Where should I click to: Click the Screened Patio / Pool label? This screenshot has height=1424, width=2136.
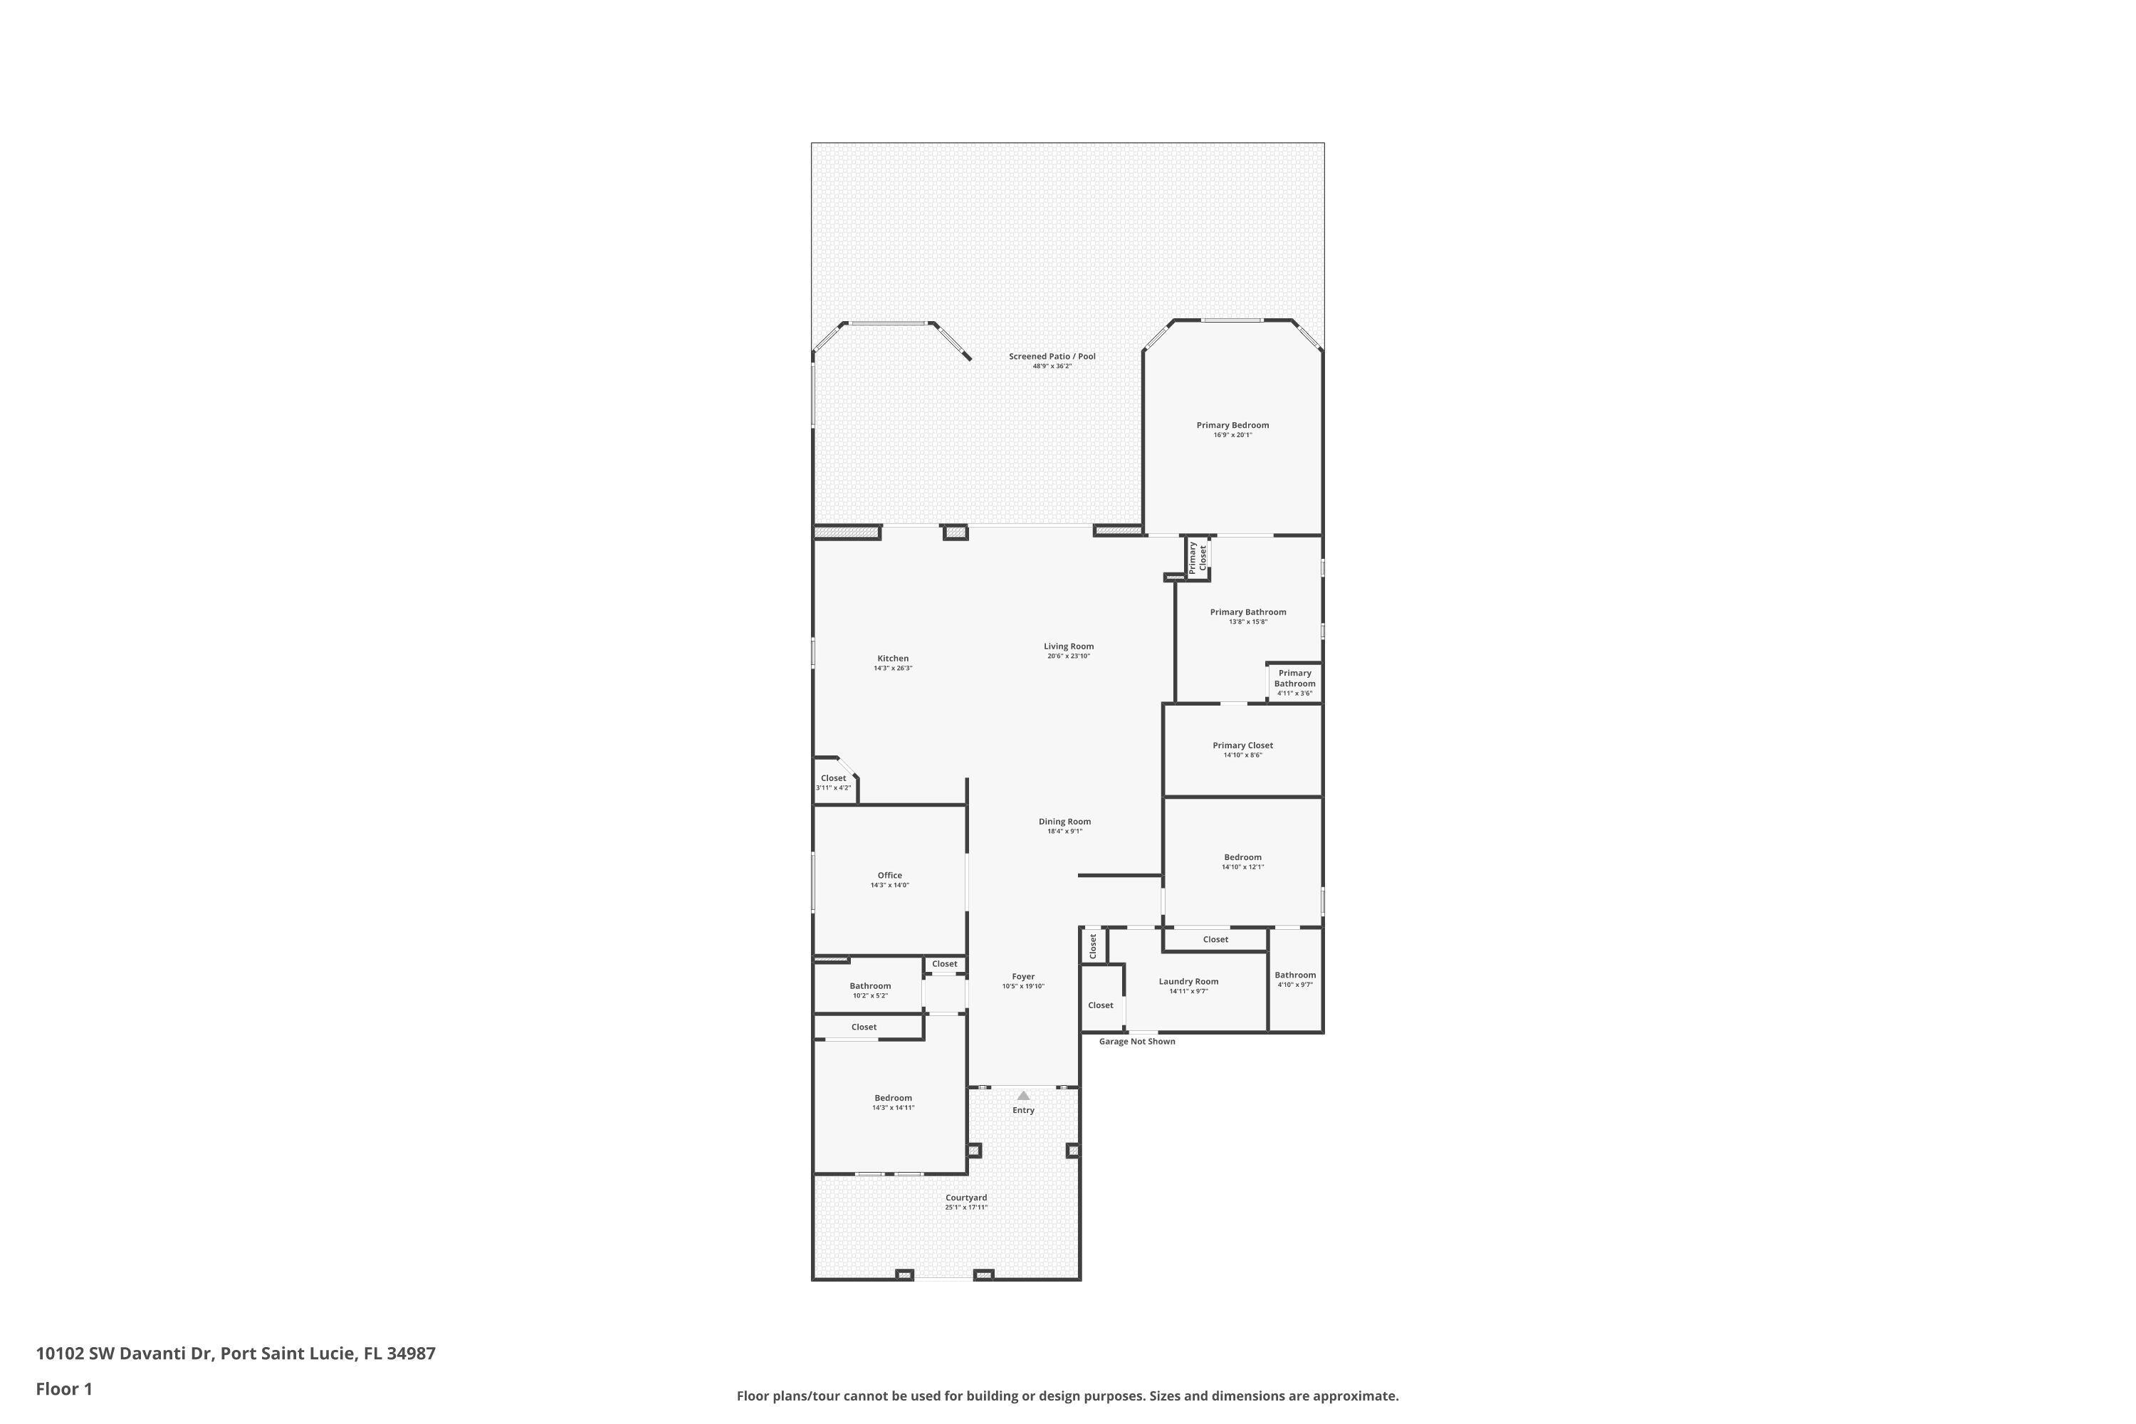1052,357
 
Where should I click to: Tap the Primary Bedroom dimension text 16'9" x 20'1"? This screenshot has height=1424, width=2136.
1232,435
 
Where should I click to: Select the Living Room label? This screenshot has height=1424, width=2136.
1068,646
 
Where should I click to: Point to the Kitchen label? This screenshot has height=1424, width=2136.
893,659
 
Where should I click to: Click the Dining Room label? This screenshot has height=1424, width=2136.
1064,822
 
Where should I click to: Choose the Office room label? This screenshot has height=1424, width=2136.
889,876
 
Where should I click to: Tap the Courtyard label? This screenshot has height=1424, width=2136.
965,1198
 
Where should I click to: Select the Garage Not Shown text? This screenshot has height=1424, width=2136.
1137,1042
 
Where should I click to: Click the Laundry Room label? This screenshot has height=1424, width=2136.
1188,982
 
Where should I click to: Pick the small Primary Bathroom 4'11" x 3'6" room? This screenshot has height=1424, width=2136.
1294,682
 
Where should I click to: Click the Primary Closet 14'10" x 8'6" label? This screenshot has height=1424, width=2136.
1242,745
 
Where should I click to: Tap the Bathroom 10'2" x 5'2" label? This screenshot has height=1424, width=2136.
870,986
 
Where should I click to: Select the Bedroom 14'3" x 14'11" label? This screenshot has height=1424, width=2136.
893,1098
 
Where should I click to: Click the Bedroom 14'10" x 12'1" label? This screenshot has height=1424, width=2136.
1242,857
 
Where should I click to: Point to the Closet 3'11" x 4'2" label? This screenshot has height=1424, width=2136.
833,778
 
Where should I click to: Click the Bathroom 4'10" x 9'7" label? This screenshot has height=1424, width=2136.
1294,975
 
